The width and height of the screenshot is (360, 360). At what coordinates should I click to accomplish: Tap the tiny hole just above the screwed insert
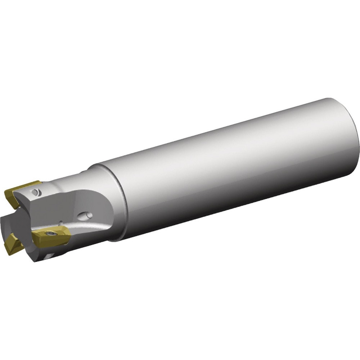pos(61,223)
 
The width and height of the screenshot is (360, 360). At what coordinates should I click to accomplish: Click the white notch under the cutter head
pos(49,256)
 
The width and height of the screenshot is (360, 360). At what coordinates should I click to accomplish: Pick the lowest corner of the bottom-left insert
pos(8,253)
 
